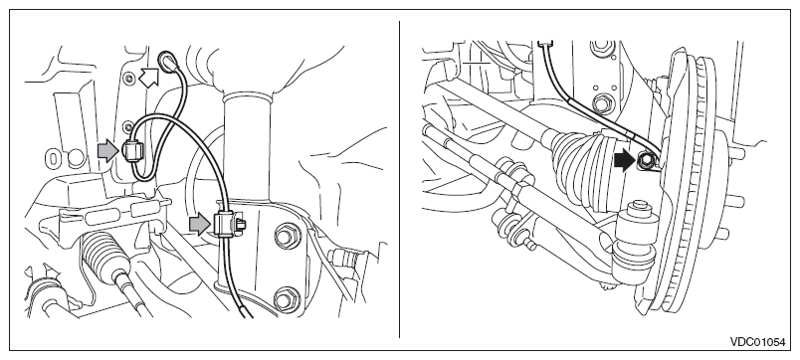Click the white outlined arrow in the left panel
[150, 78]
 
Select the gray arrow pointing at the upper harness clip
[107, 151]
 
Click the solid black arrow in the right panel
[625, 162]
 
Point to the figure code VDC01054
[757, 342]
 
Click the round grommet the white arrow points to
[166, 60]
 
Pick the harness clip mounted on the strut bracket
[225, 224]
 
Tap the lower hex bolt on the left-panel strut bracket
[287, 299]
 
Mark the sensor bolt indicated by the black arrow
[645, 162]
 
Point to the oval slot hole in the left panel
[54, 158]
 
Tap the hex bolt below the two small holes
[602, 102]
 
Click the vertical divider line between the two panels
[399, 179]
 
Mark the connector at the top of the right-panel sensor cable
[546, 44]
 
